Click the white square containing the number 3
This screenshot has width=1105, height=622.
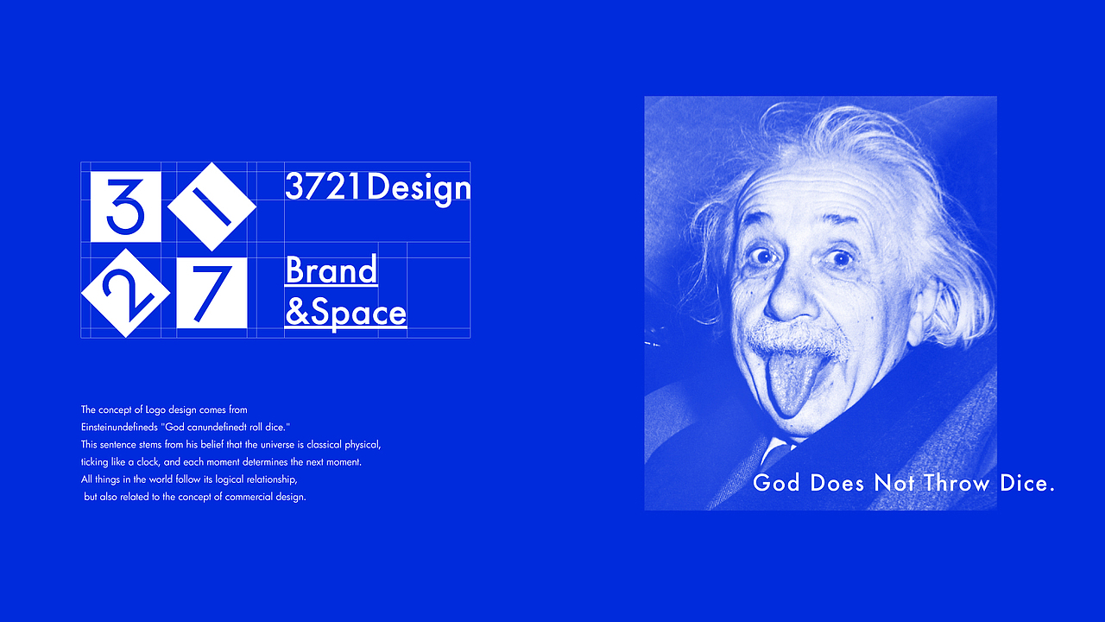[x=125, y=206]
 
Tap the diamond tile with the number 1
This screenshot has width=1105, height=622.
[x=212, y=206]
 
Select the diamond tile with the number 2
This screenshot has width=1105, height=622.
[x=125, y=293]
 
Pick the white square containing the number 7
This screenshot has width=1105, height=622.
[x=212, y=293]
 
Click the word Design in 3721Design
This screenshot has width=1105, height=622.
[x=419, y=187]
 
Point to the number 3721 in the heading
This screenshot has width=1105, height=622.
[x=324, y=187]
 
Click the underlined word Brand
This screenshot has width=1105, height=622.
[x=331, y=270]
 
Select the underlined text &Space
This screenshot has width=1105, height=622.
[x=345, y=313]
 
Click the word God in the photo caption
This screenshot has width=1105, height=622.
[x=777, y=483]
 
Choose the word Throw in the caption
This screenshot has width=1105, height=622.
[x=957, y=483]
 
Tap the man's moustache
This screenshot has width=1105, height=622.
[x=796, y=339]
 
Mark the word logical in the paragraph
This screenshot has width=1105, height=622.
[x=220, y=479]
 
